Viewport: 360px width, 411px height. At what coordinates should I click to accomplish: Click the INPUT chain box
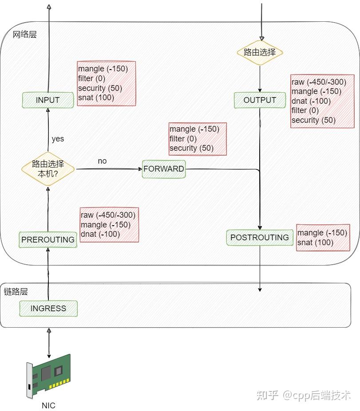tap(47, 100)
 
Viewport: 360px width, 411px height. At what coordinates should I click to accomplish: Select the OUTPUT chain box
tap(260, 100)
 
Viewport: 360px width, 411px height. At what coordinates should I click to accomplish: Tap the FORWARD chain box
tap(163, 169)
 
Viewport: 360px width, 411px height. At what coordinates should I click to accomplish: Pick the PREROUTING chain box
tap(48, 239)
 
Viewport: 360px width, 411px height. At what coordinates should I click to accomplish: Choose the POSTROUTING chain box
tap(260, 238)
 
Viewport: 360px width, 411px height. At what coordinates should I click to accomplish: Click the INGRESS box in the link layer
tap(48, 308)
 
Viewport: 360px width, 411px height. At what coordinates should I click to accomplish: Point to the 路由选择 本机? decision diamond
tap(48, 168)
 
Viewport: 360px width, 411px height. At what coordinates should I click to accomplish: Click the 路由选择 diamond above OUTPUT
tap(260, 52)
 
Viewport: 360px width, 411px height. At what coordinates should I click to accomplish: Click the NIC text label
tap(48, 405)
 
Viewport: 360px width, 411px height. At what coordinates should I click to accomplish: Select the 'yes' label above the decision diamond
tap(58, 139)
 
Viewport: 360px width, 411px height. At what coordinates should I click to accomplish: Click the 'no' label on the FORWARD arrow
tap(102, 161)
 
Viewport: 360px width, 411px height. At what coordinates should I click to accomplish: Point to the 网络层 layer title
tap(25, 35)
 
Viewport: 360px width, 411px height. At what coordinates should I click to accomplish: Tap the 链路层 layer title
tap(16, 291)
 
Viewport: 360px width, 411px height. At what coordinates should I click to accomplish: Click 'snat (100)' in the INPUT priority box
tap(96, 98)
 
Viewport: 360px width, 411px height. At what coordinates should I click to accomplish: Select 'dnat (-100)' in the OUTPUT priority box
tap(311, 101)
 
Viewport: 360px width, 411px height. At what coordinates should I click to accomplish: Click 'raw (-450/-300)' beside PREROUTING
tap(108, 215)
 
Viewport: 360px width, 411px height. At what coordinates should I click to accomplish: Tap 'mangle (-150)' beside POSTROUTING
tap(322, 233)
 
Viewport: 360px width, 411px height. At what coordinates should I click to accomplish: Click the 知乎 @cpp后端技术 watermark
tap(304, 395)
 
